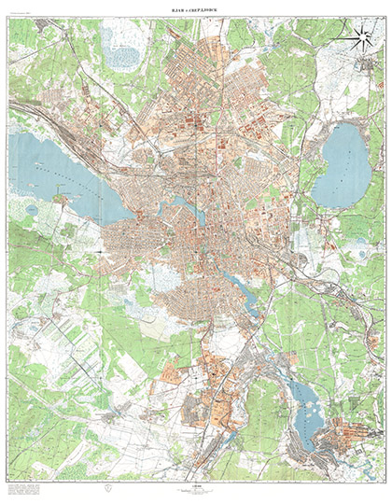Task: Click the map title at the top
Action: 196,9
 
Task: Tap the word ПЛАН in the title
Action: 177,9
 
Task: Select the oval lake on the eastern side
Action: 341,165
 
